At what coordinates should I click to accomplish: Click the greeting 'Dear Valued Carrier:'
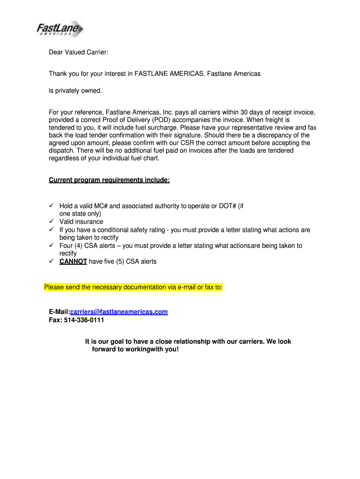(x=79, y=53)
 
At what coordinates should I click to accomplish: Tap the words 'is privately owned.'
(x=75, y=90)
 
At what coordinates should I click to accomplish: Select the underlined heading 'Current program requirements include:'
(x=109, y=180)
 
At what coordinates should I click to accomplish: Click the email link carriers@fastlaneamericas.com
(x=119, y=312)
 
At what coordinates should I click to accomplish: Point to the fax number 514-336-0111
(x=84, y=320)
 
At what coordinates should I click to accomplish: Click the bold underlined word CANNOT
(x=73, y=261)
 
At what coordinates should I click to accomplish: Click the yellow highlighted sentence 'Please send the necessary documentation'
(x=133, y=287)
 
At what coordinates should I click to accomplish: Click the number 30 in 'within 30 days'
(x=245, y=112)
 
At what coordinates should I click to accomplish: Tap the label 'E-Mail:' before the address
(x=59, y=312)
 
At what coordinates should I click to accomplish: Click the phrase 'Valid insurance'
(x=81, y=222)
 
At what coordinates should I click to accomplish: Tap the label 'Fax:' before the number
(x=56, y=320)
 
